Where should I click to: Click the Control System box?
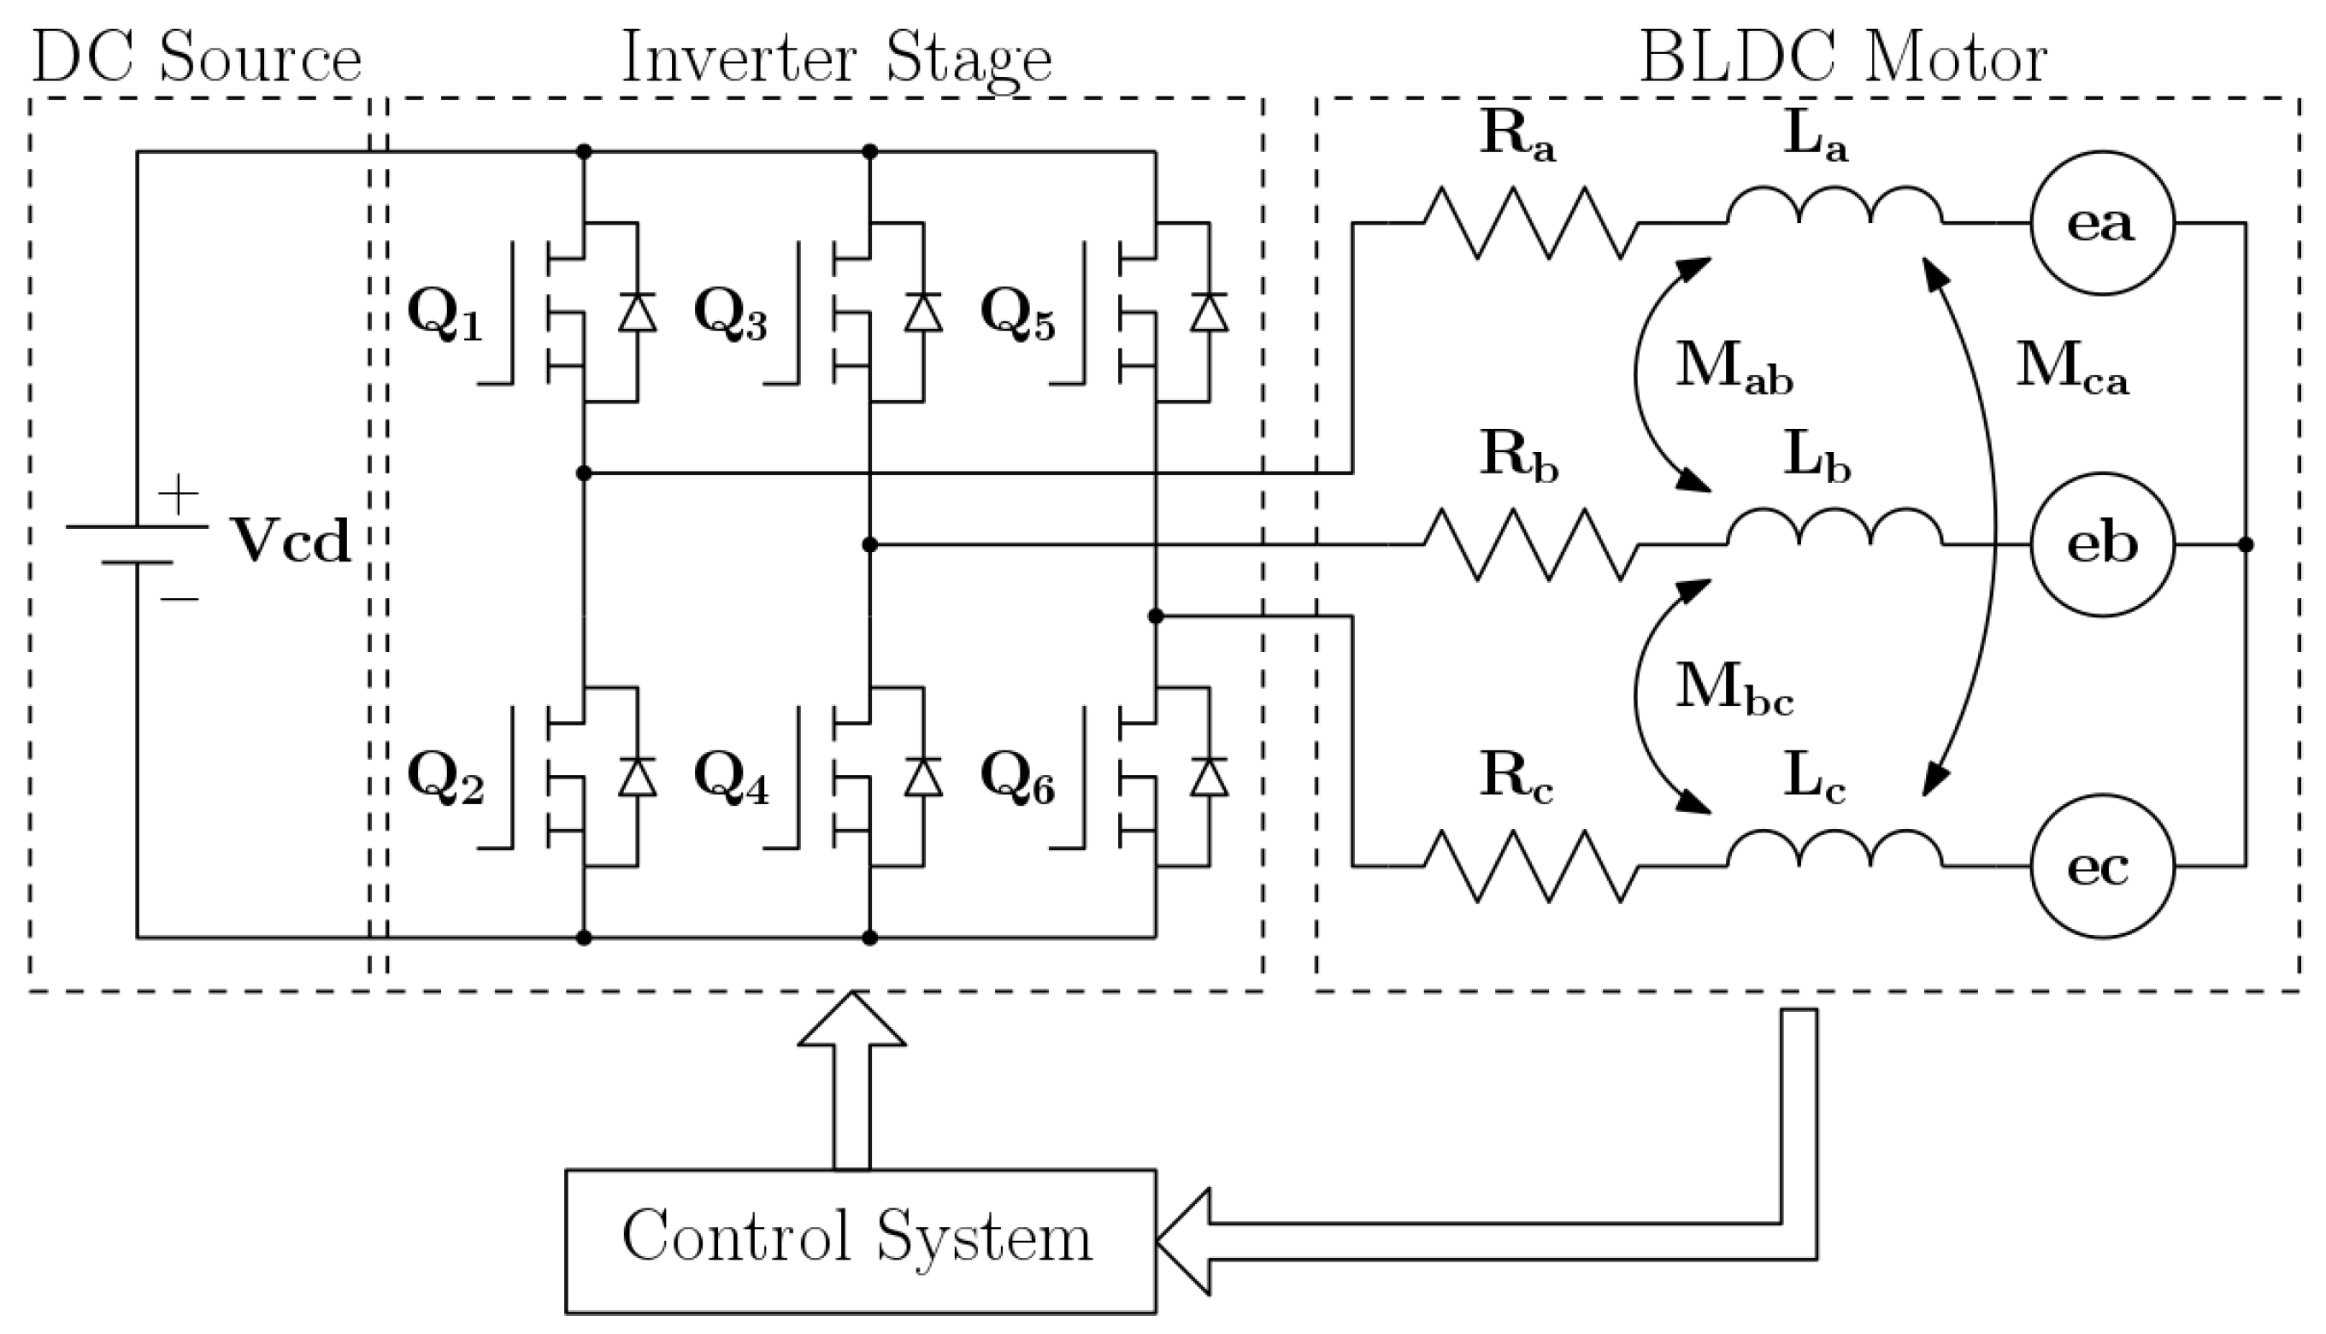click(x=860, y=1241)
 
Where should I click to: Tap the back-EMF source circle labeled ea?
click(x=2101, y=223)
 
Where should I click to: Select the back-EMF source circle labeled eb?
click(x=2101, y=545)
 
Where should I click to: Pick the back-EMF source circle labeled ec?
click(x=2101, y=866)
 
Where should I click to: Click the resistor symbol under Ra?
click(x=1530, y=223)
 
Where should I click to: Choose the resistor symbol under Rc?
click(x=1530, y=866)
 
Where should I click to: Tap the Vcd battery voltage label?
click(x=290, y=542)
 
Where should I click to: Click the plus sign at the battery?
click(x=179, y=495)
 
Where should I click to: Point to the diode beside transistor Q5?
click(x=1209, y=313)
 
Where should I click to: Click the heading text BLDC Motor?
click(x=1842, y=59)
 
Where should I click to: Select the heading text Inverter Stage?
click(x=836, y=59)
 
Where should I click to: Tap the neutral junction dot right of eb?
click(x=2246, y=545)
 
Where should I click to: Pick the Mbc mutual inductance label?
click(x=1733, y=689)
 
